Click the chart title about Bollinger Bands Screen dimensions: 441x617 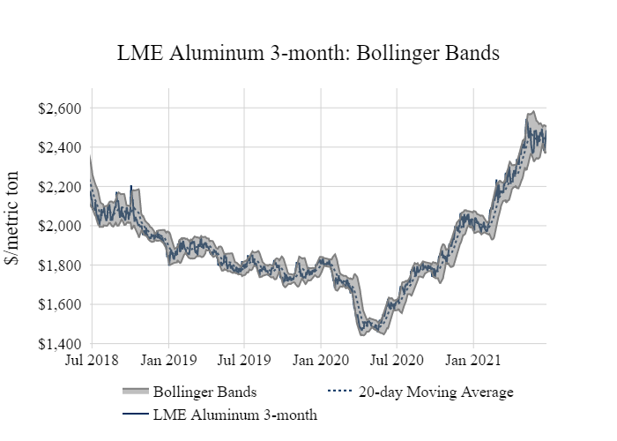(308, 54)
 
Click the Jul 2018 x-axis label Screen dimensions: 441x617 (92, 360)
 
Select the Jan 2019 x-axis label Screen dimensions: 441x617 (168, 360)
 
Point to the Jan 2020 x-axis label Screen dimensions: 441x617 (320, 360)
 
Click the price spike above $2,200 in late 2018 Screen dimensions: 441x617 (131, 188)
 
